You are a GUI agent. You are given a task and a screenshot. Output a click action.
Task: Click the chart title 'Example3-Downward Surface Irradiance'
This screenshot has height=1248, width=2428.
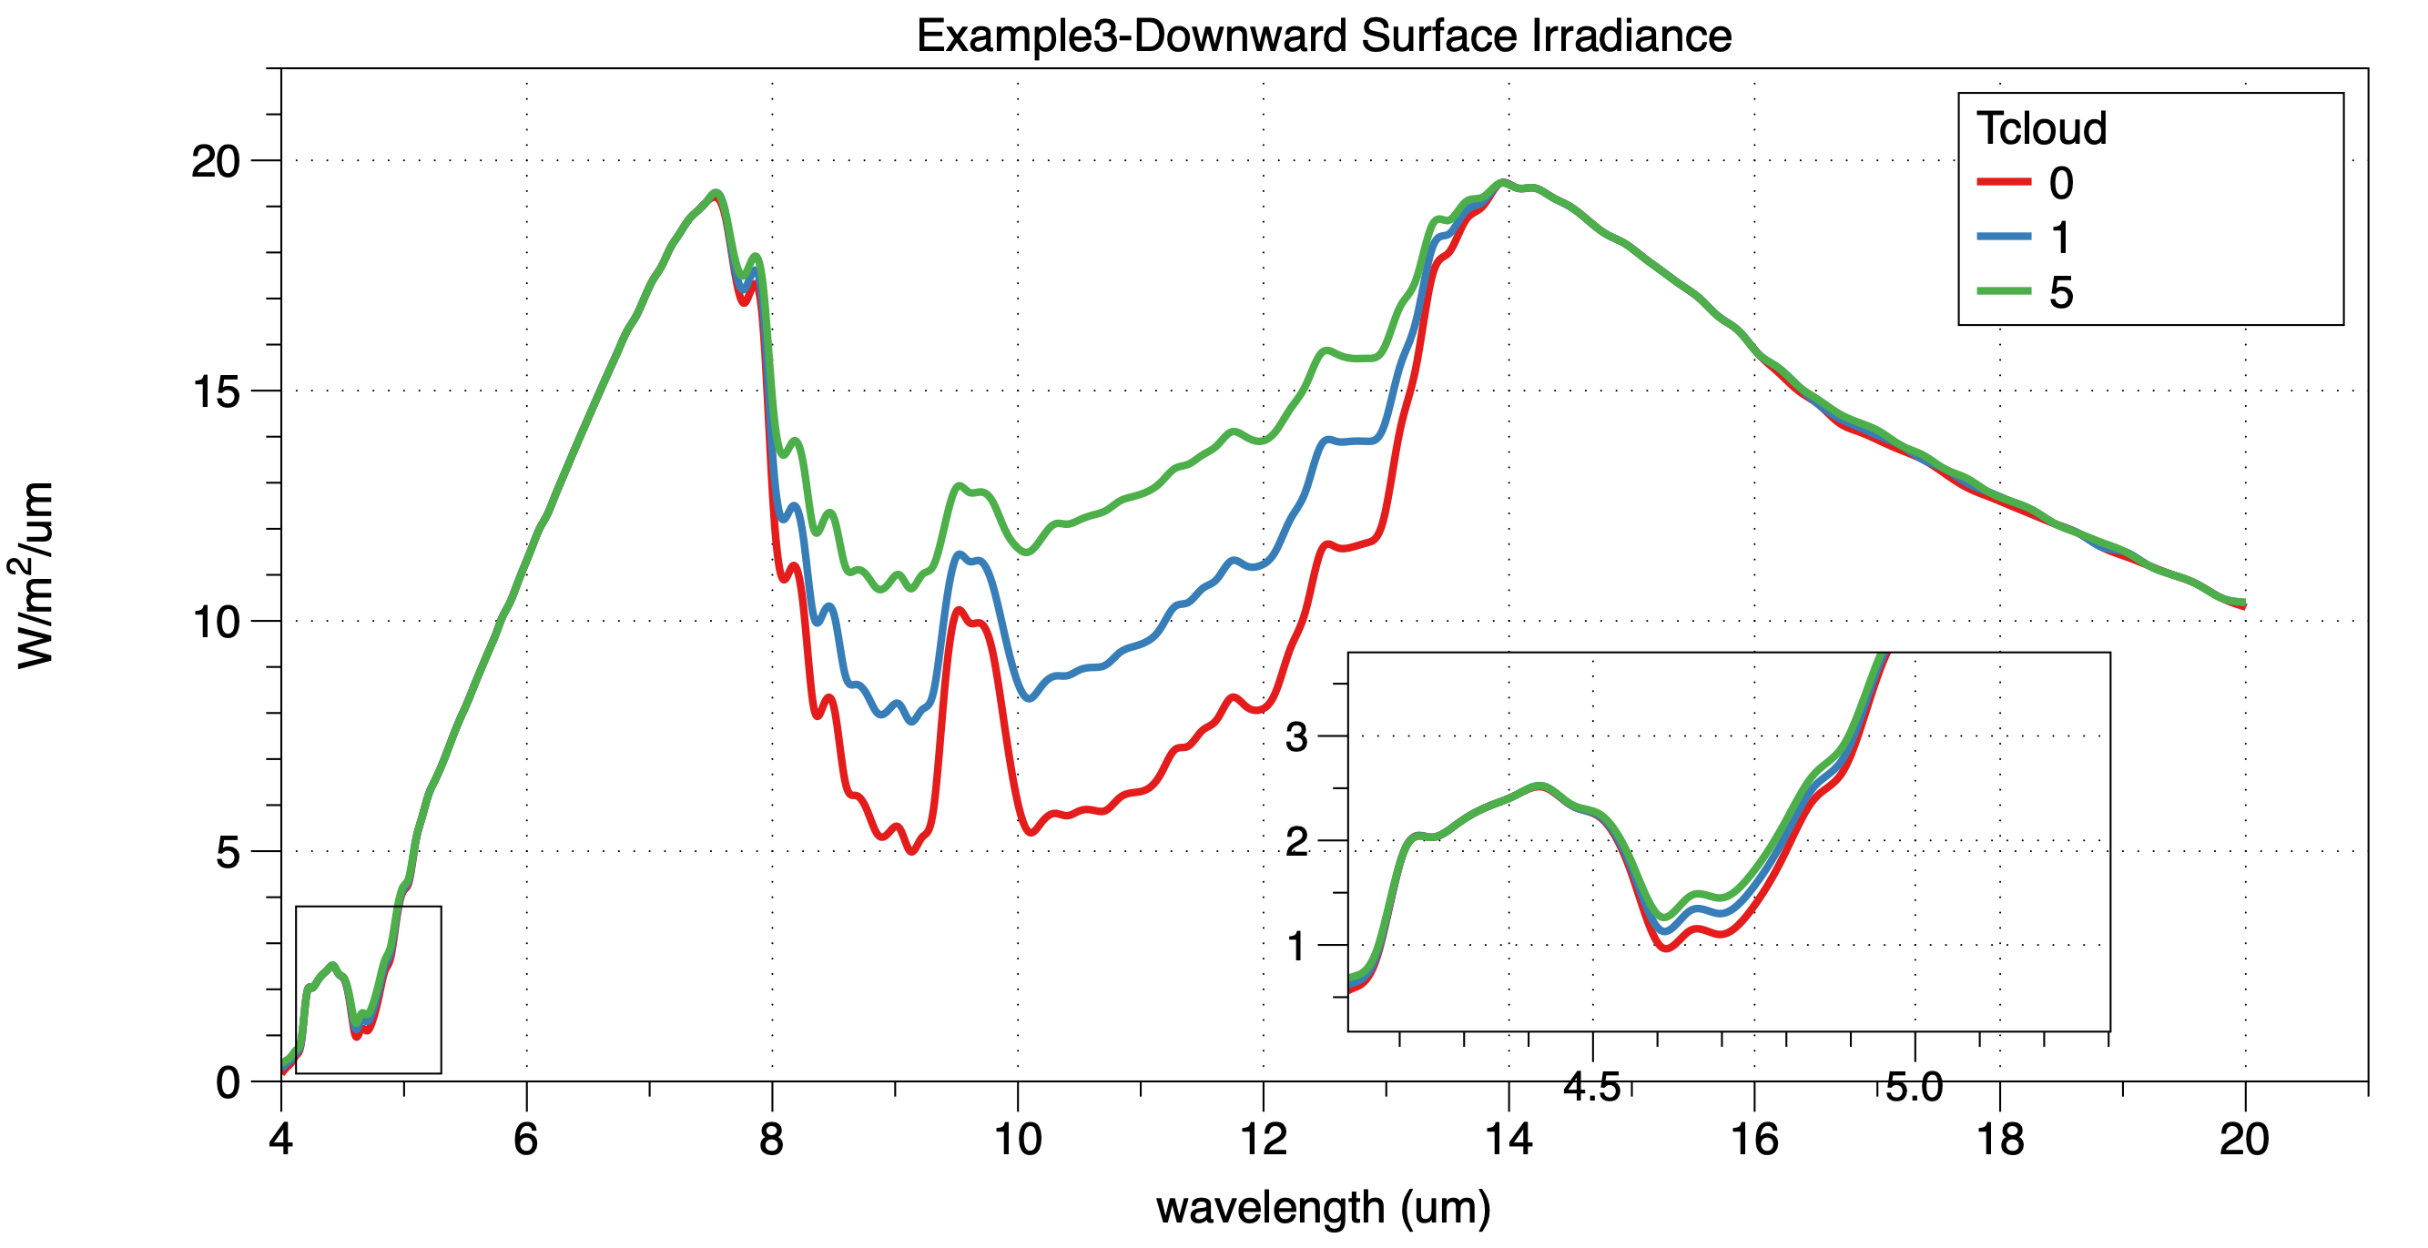pyautogui.click(x=1324, y=36)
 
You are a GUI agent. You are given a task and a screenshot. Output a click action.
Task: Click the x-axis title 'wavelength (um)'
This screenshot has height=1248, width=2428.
pyautogui.click(x=1324, y=1207)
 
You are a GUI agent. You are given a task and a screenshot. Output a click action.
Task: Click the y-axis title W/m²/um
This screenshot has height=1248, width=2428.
pyautogui.click(x=35, y=575)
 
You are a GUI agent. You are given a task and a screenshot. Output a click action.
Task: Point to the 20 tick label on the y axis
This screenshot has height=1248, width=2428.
pyautogui.click(x=216, y=161)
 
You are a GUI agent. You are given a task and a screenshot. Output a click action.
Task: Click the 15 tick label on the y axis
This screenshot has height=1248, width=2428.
pyautogui.click(x=216, y=391)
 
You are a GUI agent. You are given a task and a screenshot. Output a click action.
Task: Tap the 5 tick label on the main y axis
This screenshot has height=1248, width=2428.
pyautogui.click(x=229, y=852)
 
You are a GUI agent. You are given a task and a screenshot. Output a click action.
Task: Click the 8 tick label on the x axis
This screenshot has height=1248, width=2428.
pyautogui.click(x=772, y=1140)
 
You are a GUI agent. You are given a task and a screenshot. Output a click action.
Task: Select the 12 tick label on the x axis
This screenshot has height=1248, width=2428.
pyautogui.click(x=1263, y=1140)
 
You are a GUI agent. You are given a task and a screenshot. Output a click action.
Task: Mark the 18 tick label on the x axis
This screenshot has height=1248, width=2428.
pyautogui.click(x=1999, y=1140)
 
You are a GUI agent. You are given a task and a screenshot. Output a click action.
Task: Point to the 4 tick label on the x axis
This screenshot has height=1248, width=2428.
pyautogui.click(x=281, y=1140)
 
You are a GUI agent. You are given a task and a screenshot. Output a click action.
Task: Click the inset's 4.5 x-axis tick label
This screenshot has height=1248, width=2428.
pyautogui.click(x=1592, y=1087)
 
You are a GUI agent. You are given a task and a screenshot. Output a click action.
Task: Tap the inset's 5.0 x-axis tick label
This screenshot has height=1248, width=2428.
pyautogui.click(x=1915, y=1087)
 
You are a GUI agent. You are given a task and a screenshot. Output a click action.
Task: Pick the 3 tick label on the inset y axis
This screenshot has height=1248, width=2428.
pyautogui.click(x=1297, y=736)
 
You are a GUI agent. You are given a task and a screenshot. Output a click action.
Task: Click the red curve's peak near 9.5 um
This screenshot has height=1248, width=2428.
pyautogui.click(x=958, y=610)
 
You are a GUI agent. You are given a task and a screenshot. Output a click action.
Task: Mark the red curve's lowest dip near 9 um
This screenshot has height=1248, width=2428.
pyautogui.click(x=911, y=851)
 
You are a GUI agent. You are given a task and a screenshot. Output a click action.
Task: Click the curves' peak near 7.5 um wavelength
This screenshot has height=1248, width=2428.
pyautogui.click(x=716, y=193)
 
